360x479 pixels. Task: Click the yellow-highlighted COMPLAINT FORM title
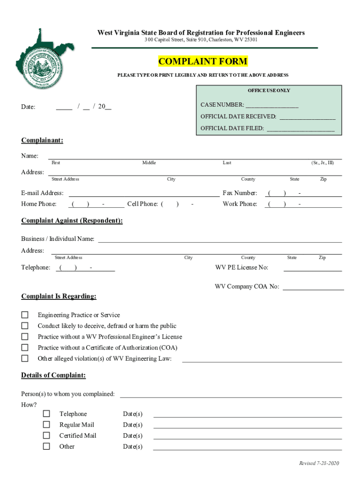203,62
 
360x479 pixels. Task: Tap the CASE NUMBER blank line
272,105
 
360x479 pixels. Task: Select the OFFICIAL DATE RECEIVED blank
307,117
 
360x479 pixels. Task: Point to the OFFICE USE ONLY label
269,90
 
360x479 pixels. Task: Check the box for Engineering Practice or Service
25,315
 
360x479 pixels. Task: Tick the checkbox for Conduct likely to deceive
25,326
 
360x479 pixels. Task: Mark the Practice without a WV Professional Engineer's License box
25,336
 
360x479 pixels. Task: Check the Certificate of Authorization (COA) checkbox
25,348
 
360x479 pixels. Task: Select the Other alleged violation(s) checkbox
25,358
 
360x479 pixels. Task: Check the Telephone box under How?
46,414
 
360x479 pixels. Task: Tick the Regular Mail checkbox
46,424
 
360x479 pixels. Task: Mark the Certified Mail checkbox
46,435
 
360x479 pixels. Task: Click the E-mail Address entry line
144,194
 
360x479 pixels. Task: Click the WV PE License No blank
312,268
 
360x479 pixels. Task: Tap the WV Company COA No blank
313,287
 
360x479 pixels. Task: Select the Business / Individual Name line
219,239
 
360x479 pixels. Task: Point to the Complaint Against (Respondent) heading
72,221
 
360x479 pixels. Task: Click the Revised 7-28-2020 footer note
319,463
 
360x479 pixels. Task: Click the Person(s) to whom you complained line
230,394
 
